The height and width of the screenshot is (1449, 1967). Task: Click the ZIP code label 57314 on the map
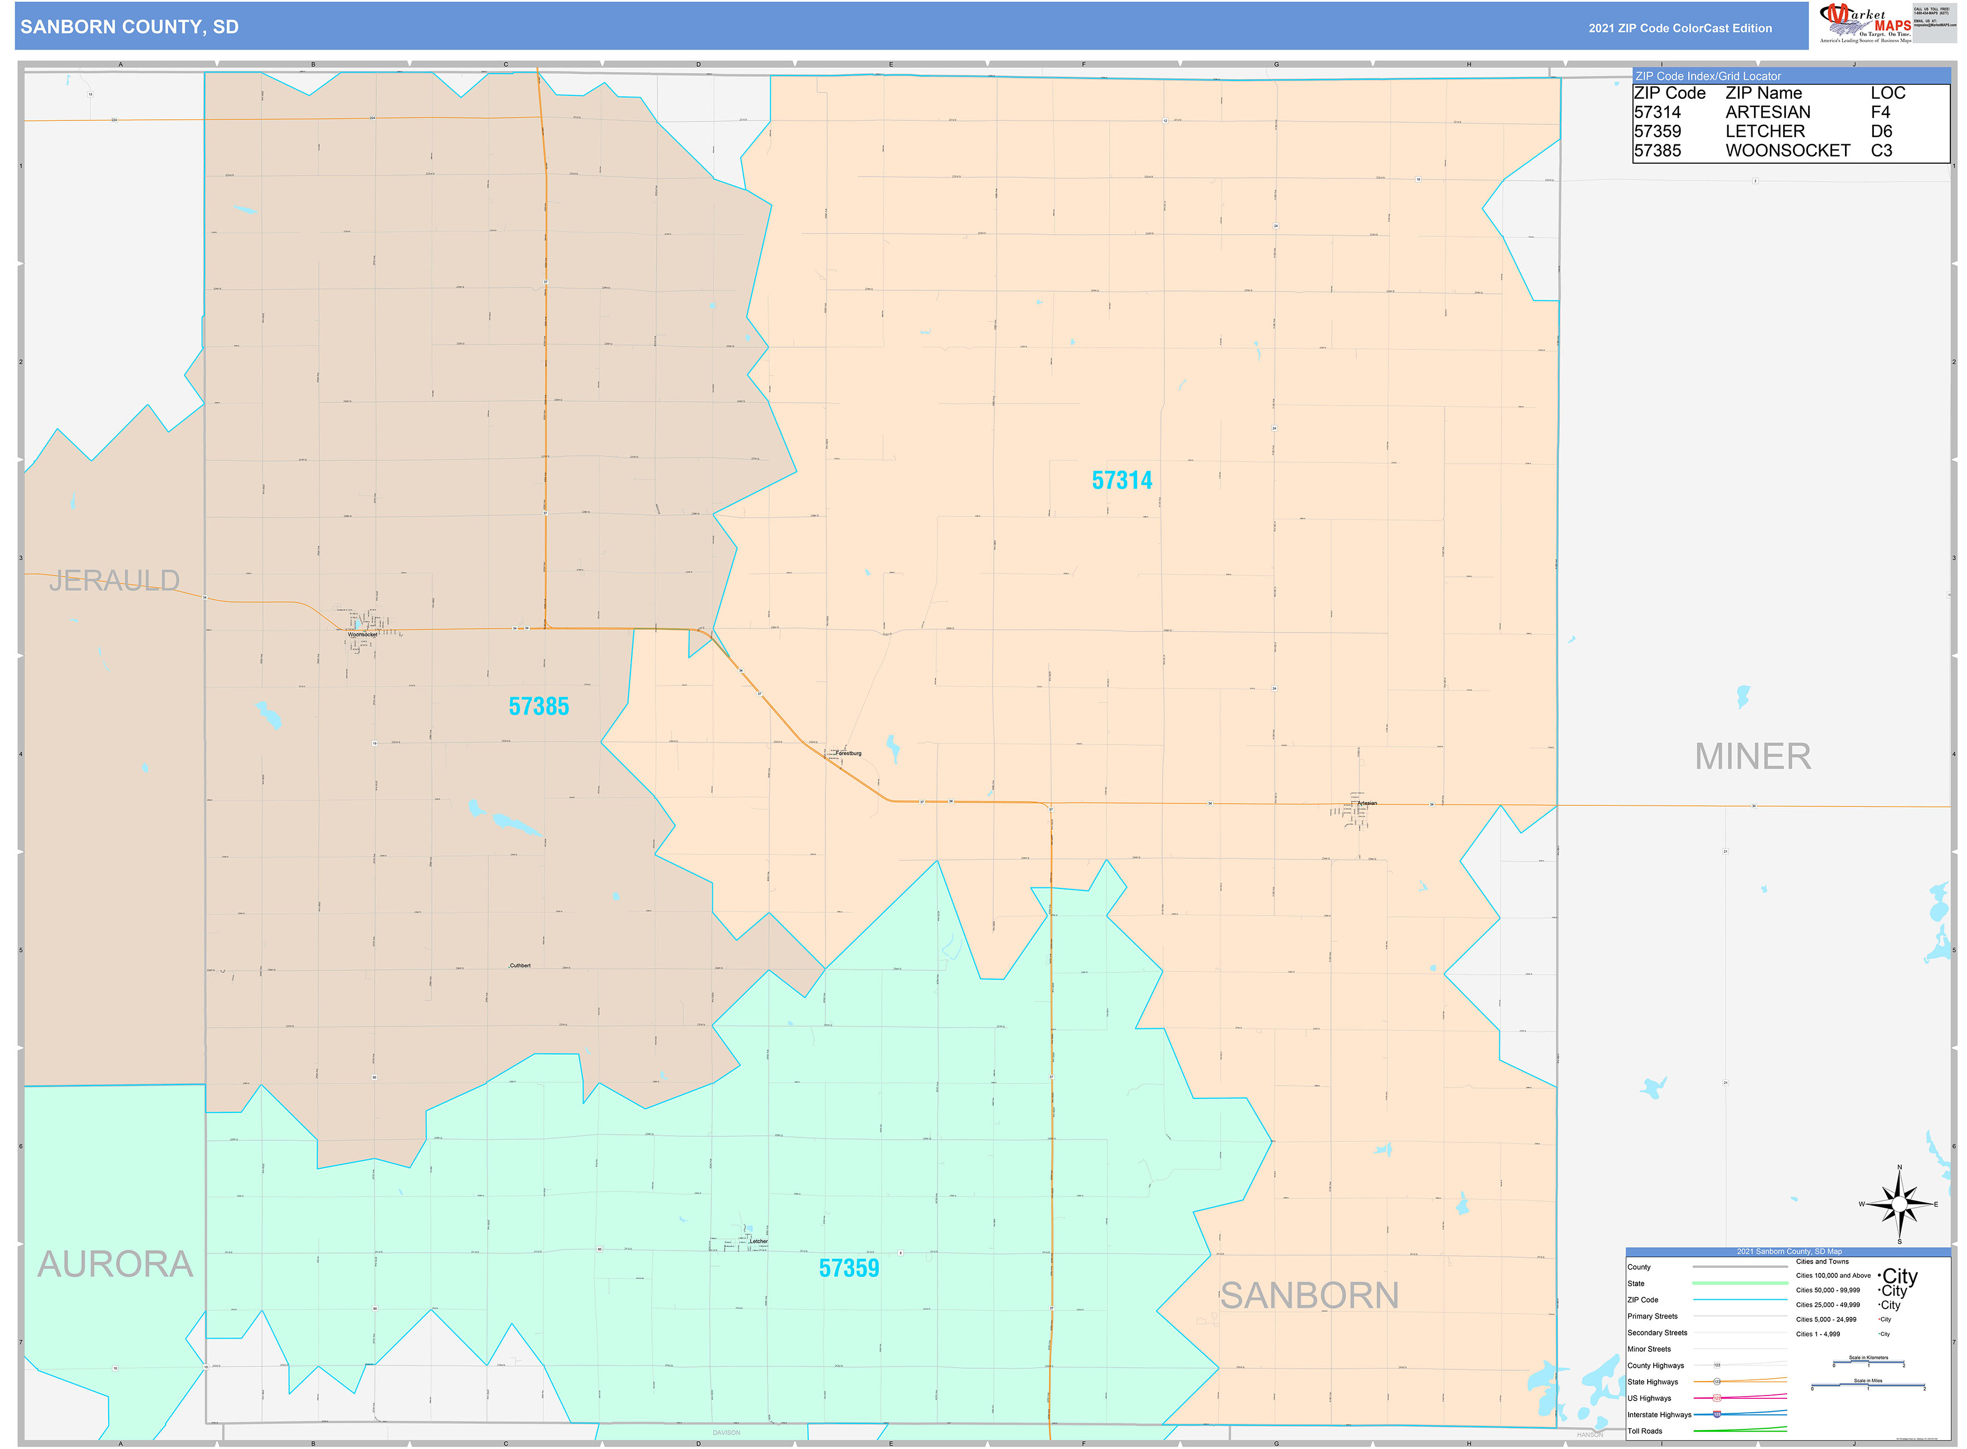[1121, 480]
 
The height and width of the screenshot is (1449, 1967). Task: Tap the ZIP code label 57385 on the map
[538, 706]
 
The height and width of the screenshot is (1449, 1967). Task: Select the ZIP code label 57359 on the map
[848, 1268]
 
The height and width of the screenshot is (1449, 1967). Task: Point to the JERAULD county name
[114, 581]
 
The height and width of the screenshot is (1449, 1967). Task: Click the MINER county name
[1752, 756]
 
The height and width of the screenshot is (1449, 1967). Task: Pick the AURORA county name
[115, 1264]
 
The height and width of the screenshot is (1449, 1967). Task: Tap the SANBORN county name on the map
[1309, 1296]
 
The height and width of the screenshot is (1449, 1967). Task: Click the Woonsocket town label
[362, 634]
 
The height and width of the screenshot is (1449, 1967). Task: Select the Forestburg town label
[848, 753]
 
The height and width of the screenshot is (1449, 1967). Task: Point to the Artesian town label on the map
[1367, 804]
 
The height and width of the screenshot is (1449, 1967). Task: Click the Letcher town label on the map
[758, 1241]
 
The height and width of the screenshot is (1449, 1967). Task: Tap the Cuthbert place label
[519, 966]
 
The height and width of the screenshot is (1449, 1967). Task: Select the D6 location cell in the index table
[1881, 132]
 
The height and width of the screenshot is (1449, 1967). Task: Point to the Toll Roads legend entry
[1644, 1432]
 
